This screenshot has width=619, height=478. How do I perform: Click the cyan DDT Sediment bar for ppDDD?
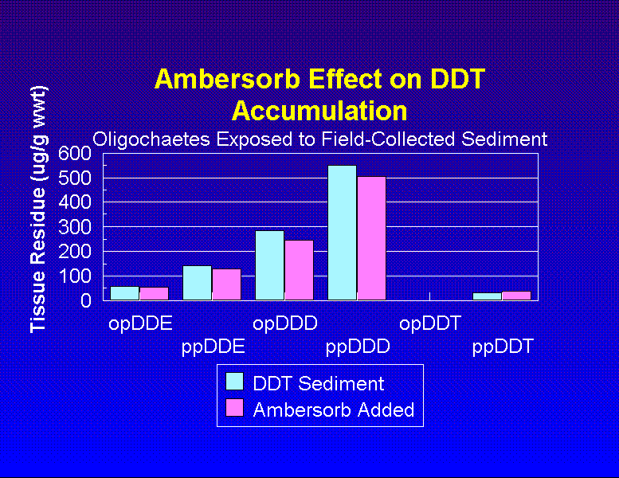342,233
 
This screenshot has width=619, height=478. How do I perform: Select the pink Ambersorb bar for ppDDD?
371,238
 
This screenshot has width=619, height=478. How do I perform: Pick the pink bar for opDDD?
299,270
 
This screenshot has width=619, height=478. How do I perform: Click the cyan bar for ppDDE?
197,283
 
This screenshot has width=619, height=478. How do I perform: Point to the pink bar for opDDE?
154,293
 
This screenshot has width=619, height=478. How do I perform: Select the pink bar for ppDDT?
516,296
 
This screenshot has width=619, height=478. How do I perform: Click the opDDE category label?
140,323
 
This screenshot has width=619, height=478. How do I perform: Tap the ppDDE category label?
213,347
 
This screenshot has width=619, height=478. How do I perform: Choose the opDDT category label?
430,323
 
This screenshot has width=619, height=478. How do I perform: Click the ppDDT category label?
503,347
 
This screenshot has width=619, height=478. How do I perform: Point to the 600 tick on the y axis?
74,153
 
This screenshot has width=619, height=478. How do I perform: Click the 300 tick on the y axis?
74,227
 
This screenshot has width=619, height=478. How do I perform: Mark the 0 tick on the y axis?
85,300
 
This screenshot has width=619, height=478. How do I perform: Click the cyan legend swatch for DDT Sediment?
235,382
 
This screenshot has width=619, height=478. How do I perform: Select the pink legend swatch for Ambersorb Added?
235,409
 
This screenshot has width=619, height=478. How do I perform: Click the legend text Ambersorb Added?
334,409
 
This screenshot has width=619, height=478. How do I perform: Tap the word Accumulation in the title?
319,110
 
